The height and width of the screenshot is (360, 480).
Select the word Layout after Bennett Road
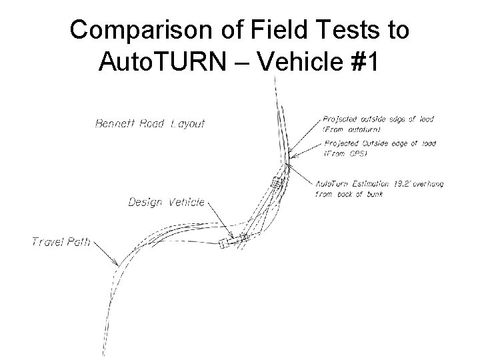(188, 123)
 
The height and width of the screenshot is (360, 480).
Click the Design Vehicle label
(166, 202)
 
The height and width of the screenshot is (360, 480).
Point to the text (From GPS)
(346, 154)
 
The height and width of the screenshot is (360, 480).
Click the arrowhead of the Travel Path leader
(118, 264)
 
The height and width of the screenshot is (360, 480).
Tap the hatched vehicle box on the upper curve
(274, 183)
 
